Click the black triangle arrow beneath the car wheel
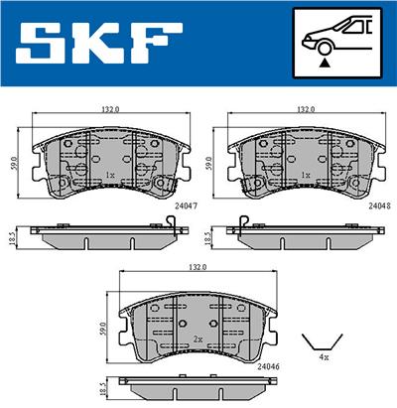point(325,62)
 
